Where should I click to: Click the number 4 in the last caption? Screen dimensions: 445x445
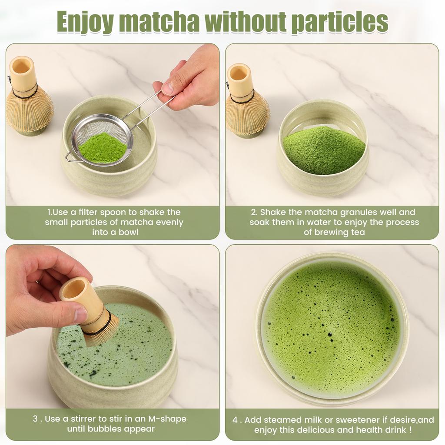(235, 420)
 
